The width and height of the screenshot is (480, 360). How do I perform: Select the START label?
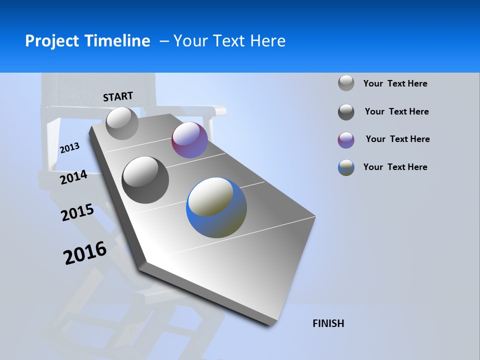click(118, 96)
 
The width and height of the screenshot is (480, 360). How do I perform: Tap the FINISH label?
click(328, 323)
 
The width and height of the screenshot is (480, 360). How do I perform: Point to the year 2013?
click(69, 148)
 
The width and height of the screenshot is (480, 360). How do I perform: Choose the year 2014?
click(73, 177)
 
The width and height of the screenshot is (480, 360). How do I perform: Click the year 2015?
click(77, 212)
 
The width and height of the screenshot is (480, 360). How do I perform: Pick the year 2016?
click(85, 252)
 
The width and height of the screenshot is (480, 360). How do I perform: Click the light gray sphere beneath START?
click(122, 123)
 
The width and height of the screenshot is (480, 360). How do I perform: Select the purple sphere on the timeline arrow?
click(189, 140)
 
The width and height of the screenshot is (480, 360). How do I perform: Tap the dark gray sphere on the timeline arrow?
click(145, 179)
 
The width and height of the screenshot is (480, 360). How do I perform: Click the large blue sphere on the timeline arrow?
click(216, 207)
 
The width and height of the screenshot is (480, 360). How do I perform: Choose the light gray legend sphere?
click(346, 83)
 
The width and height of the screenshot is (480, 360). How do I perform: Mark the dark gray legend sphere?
click(346, 112)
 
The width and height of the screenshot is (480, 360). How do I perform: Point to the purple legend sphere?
click(346, 140)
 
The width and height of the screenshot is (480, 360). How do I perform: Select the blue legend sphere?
click(346, 167)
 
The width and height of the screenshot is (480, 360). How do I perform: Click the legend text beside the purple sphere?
click(397, 139)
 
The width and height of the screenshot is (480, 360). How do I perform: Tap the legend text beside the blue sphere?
click(395, 167)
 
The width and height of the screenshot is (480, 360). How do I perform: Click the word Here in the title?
click(267, 41)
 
